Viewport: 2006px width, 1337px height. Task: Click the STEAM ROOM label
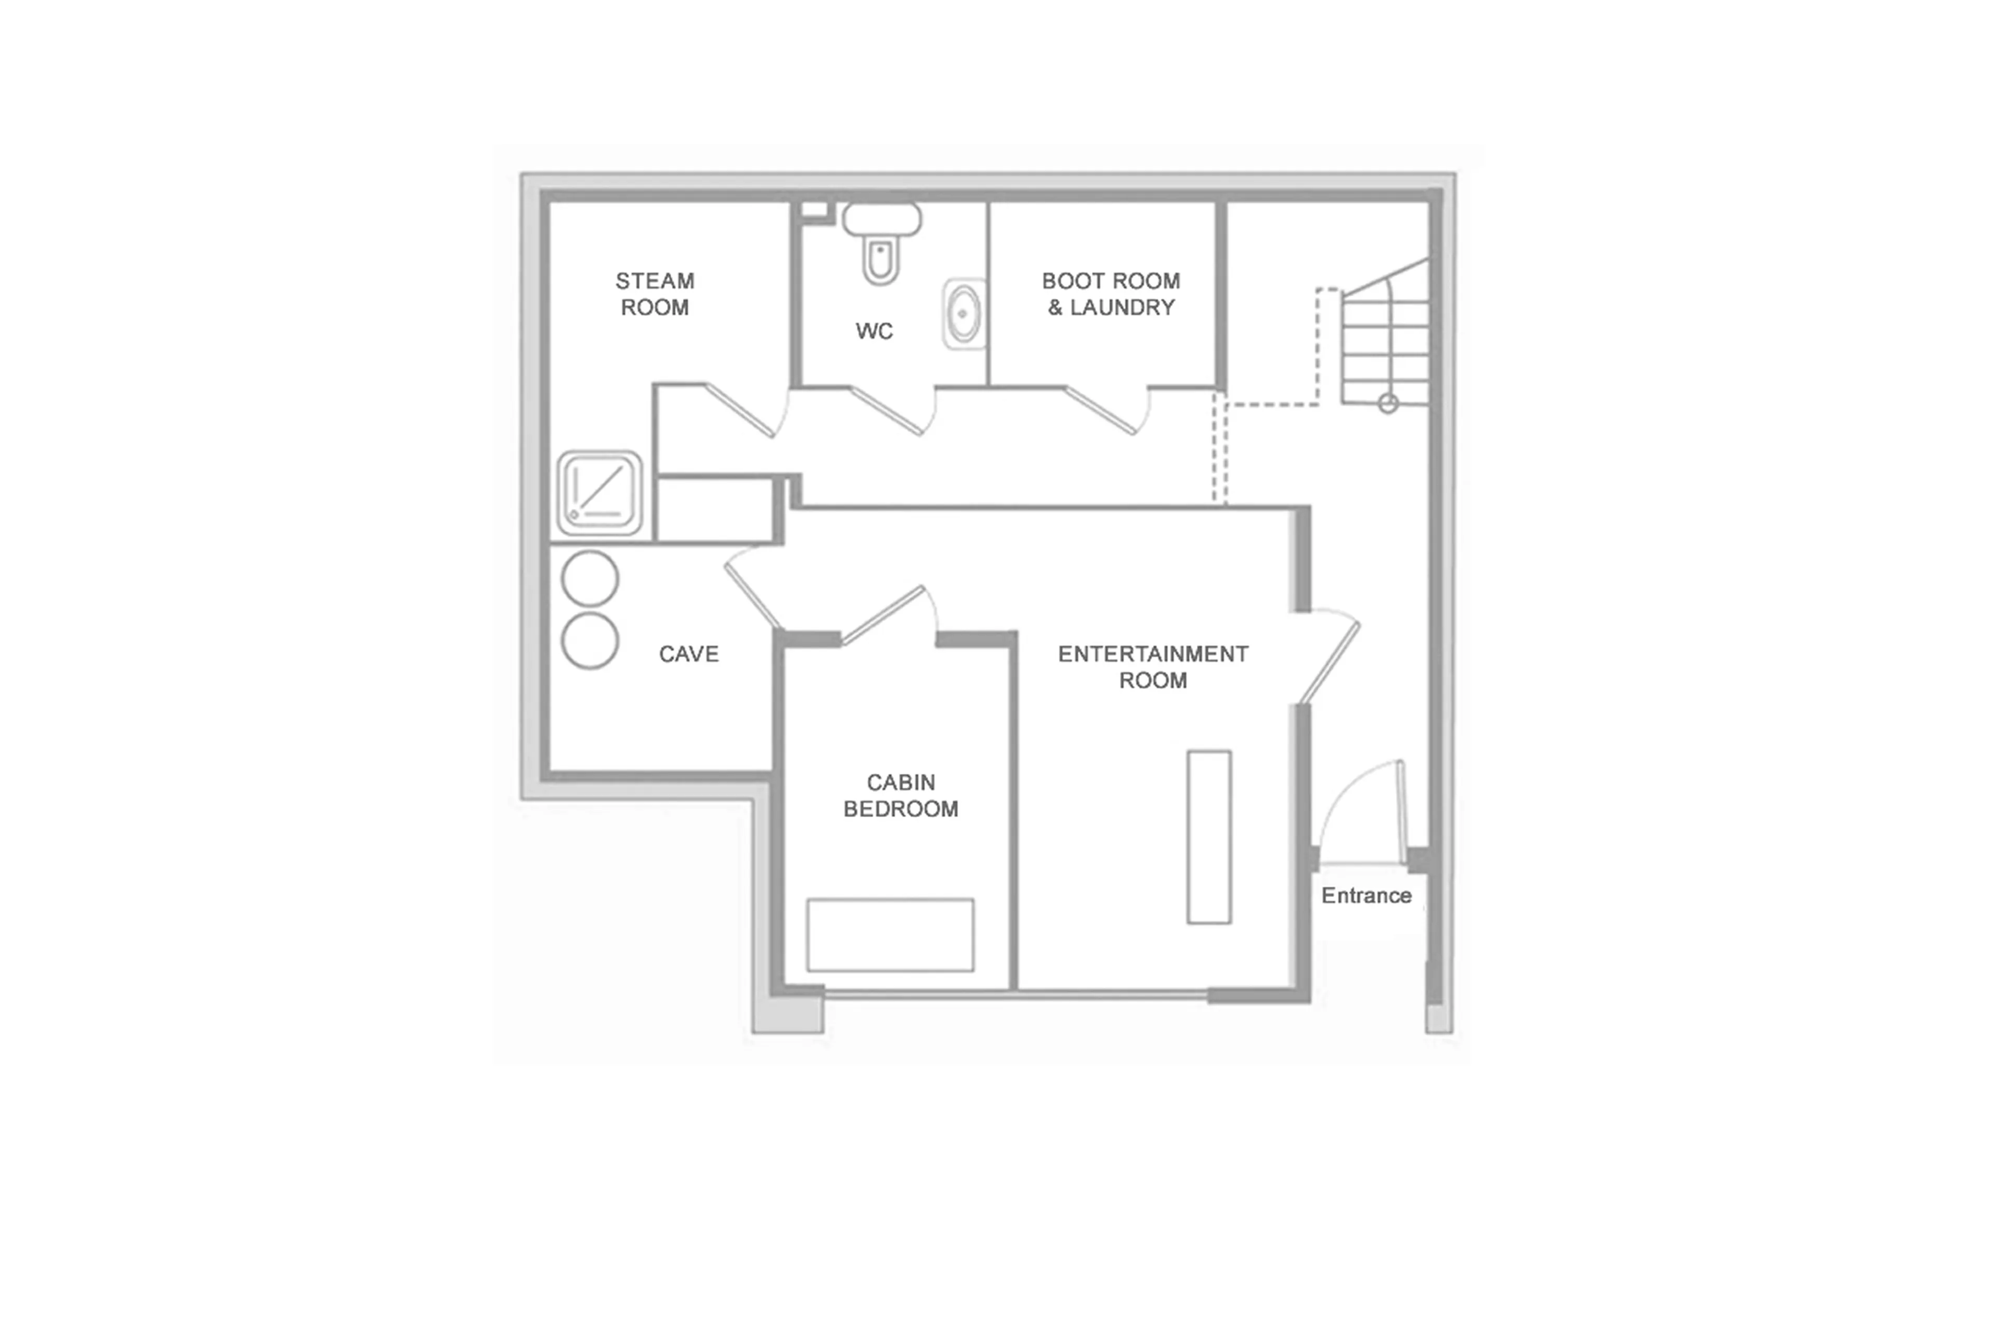(654, 294)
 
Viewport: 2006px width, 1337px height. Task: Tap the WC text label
(874, 331)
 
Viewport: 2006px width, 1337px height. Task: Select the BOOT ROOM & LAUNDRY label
(1110, 294)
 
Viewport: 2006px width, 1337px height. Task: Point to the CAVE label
(688, 654)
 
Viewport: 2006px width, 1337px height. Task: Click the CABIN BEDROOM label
(900, 796)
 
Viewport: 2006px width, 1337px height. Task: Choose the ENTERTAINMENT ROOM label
(1152, 667)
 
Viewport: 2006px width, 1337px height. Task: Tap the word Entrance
(1366, 896)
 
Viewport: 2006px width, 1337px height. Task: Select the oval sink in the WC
(963, 314)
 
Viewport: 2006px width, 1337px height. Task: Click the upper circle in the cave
(589, 579)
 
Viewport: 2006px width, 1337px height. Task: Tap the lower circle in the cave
(589, 641)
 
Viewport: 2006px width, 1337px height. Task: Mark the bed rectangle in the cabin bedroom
(890, 935)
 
